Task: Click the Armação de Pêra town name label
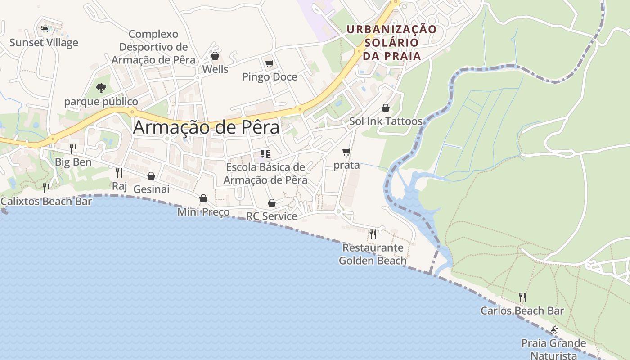206,127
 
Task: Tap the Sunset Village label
44,43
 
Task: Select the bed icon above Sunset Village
44,29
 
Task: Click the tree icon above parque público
101,88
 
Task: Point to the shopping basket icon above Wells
215,56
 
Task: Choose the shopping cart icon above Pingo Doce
269,63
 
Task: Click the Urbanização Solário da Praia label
391,43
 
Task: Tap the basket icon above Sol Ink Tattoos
386,108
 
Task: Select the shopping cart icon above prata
346,152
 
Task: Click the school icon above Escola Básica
265,154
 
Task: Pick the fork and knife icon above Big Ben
73,148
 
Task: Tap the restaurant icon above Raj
119,172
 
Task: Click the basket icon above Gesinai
151,176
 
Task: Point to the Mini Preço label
203,211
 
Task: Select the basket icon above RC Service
271,203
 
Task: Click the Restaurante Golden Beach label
373,254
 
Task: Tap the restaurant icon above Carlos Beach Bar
522,297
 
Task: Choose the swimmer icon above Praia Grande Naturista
553,330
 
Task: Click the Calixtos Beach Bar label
46,201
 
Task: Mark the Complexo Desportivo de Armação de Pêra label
153,47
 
